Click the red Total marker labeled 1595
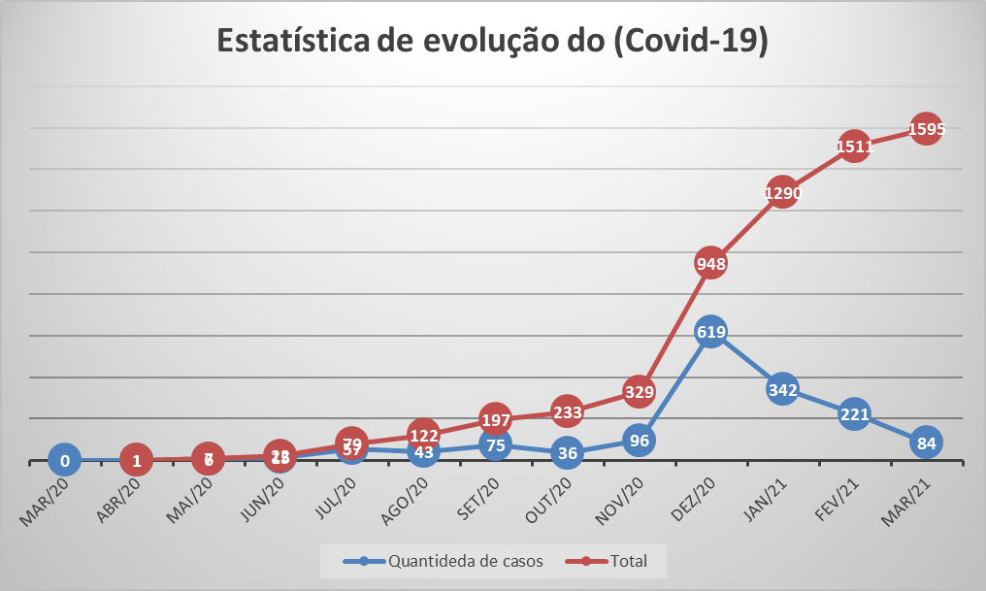point(926,128)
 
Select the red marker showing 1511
point(854,147)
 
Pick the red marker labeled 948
point(710,262)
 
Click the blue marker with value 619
point(710,331)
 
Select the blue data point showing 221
point(854,414)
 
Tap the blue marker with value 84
point(926,443)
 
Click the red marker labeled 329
point(639,391)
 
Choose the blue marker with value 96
point(639,440)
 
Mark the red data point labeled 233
point(567,411)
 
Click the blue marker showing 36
point(567,452)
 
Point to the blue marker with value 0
point(65,461)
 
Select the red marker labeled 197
point(495,418)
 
